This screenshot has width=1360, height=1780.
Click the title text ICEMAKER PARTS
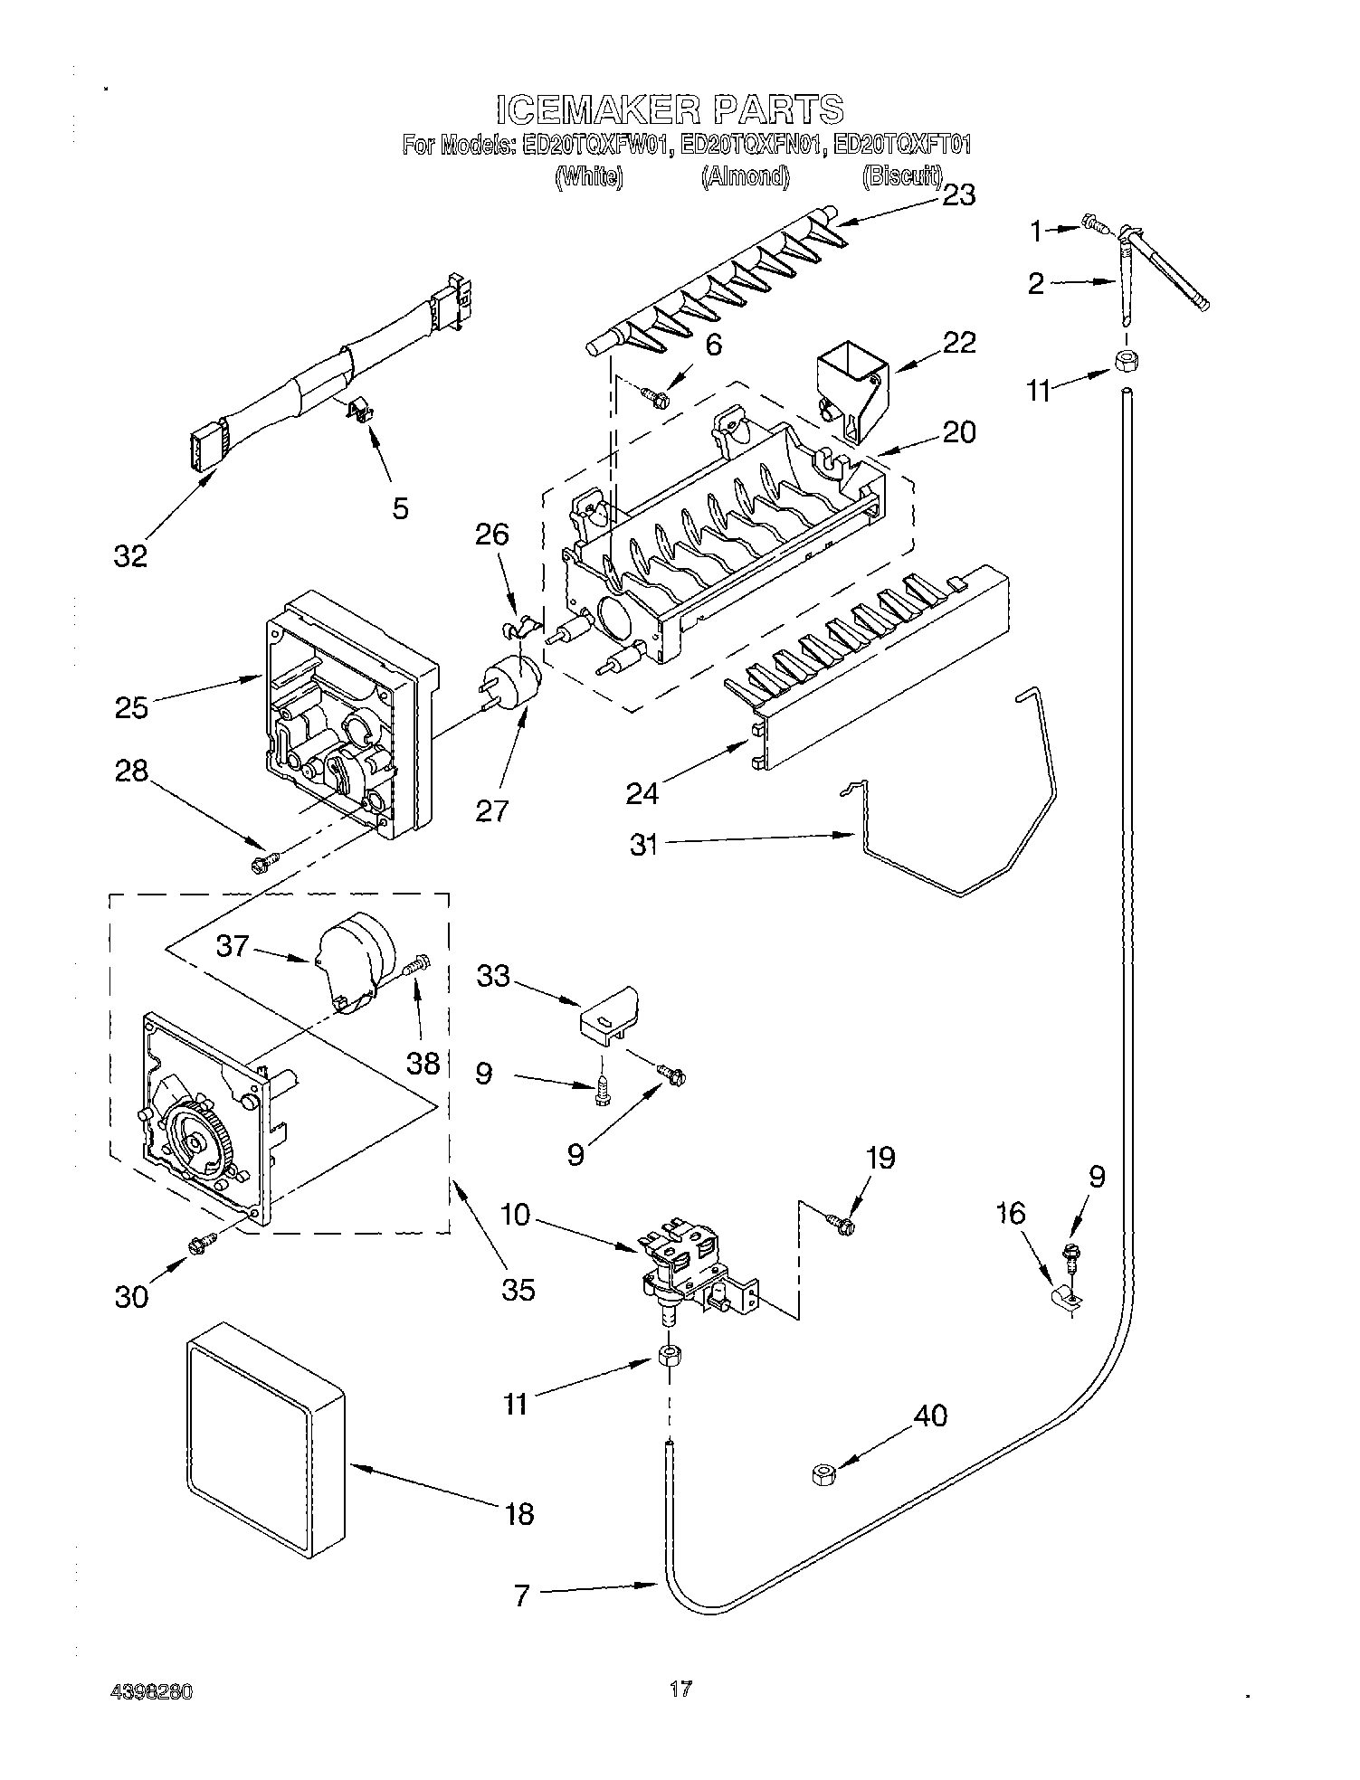point(670,109)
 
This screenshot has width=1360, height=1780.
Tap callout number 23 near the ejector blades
point(958,195)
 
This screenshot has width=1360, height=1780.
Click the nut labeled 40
point(823,1475)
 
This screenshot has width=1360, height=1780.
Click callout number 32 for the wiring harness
point(130,555)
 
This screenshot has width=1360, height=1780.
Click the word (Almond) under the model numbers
point(746,177)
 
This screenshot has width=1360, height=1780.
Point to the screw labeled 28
point(261,865)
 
